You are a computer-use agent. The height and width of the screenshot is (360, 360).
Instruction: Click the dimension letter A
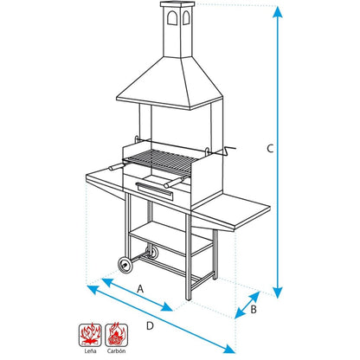[x=140, y=288]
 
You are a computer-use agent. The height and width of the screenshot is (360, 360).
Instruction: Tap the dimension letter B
[x=254, y=309]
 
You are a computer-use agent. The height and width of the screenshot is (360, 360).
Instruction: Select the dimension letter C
[x=270, y=149]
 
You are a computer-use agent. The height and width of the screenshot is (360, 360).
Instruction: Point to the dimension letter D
[x=150, y=326]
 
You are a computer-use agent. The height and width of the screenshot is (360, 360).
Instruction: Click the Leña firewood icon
[x=90, y=335]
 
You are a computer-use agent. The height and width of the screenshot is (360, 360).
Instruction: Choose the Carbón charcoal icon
[x=116, y=335]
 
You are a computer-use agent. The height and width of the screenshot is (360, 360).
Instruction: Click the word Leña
[x=90, y=351]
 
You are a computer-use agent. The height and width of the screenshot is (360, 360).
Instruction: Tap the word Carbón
[x=116, y=351]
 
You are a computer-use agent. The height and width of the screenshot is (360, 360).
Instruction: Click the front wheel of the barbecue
[x=125, y=264]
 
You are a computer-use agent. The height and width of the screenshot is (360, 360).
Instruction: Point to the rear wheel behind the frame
[x=152, y=252]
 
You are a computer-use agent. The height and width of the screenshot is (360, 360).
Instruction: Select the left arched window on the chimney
[x=172, y=18]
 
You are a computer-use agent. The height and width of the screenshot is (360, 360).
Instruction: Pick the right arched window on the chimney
[x=186, y=17]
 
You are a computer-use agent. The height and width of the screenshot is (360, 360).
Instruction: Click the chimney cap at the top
[x=177, y=3]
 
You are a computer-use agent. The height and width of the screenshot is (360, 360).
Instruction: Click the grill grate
[x=160, y=163]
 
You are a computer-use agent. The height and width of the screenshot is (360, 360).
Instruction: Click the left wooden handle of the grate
[x=116, y=167]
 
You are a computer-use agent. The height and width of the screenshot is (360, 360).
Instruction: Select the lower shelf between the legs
[x=170, y=238]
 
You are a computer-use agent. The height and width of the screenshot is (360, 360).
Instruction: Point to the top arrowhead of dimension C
[x=278, y=11]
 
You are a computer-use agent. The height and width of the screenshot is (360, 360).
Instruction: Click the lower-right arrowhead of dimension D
[x=229, y=349]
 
